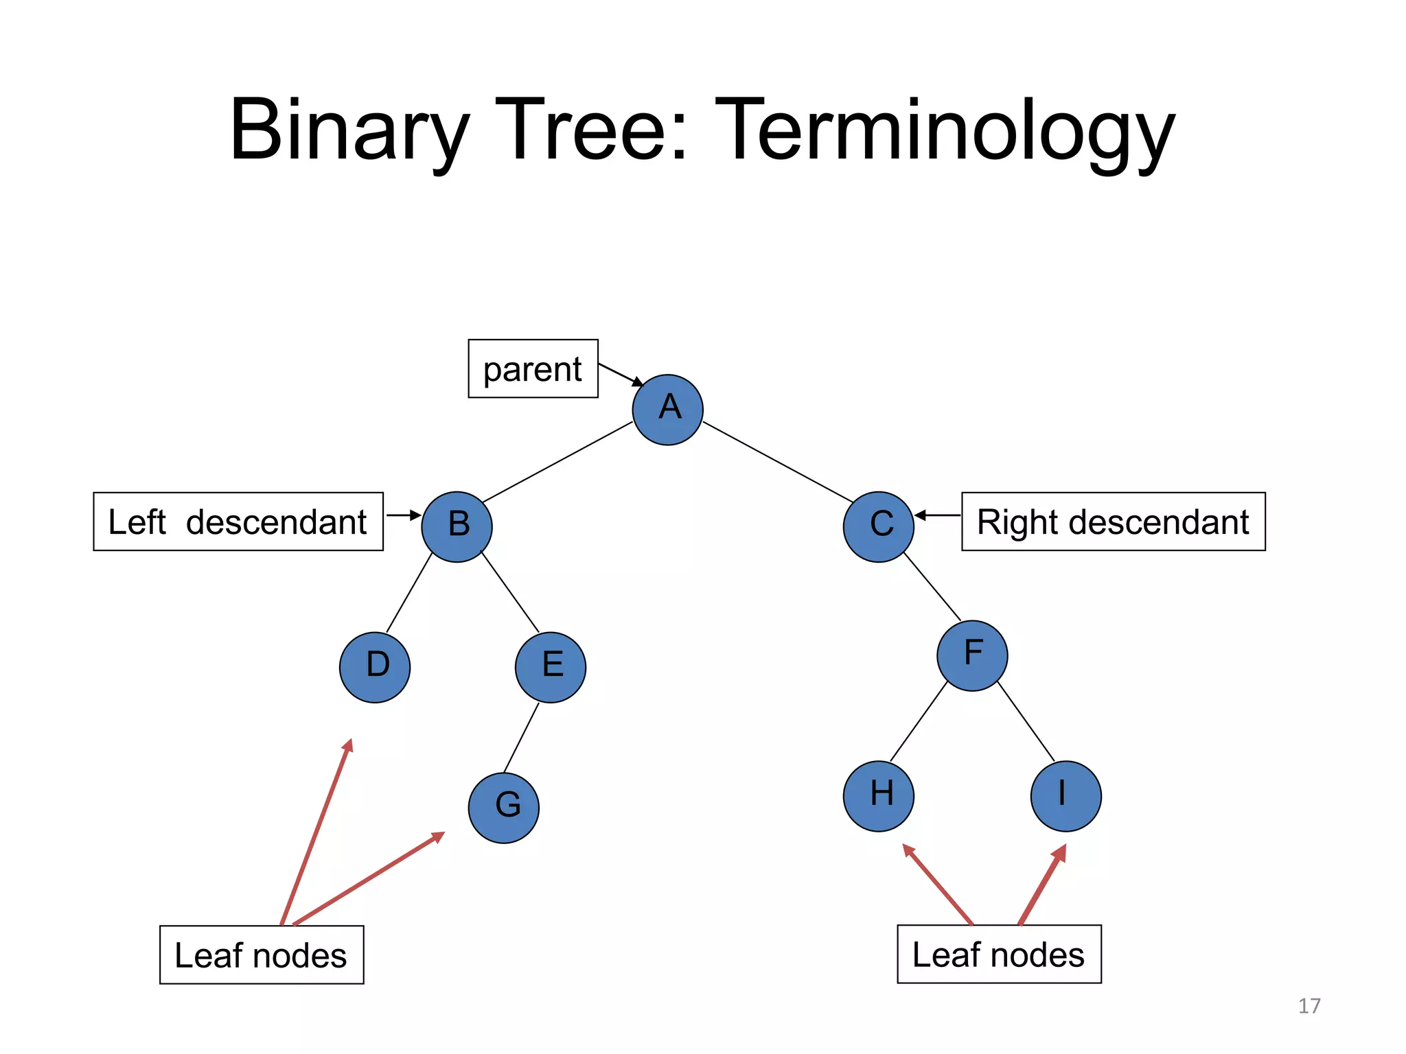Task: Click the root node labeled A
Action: point(667,410)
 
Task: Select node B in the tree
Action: point(457,526)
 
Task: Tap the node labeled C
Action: point(878,526)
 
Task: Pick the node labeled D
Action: point(375,667)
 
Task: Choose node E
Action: point(551,667)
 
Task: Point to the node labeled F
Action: point(972,655)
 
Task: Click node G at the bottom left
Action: point(504,808)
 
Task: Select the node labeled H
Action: point(878,796)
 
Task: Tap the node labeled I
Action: point(1065,796)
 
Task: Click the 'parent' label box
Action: point(533,368)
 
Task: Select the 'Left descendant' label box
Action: point(238,522)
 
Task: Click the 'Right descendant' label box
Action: point(1113,522)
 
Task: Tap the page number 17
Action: point(1309,1006)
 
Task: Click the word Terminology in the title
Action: point(945,130)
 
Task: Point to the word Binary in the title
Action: point(350,130)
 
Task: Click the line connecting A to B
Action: point(557,462)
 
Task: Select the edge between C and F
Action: point(932,586)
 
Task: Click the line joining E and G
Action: point(521,738)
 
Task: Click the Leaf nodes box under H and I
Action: point(999,955)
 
